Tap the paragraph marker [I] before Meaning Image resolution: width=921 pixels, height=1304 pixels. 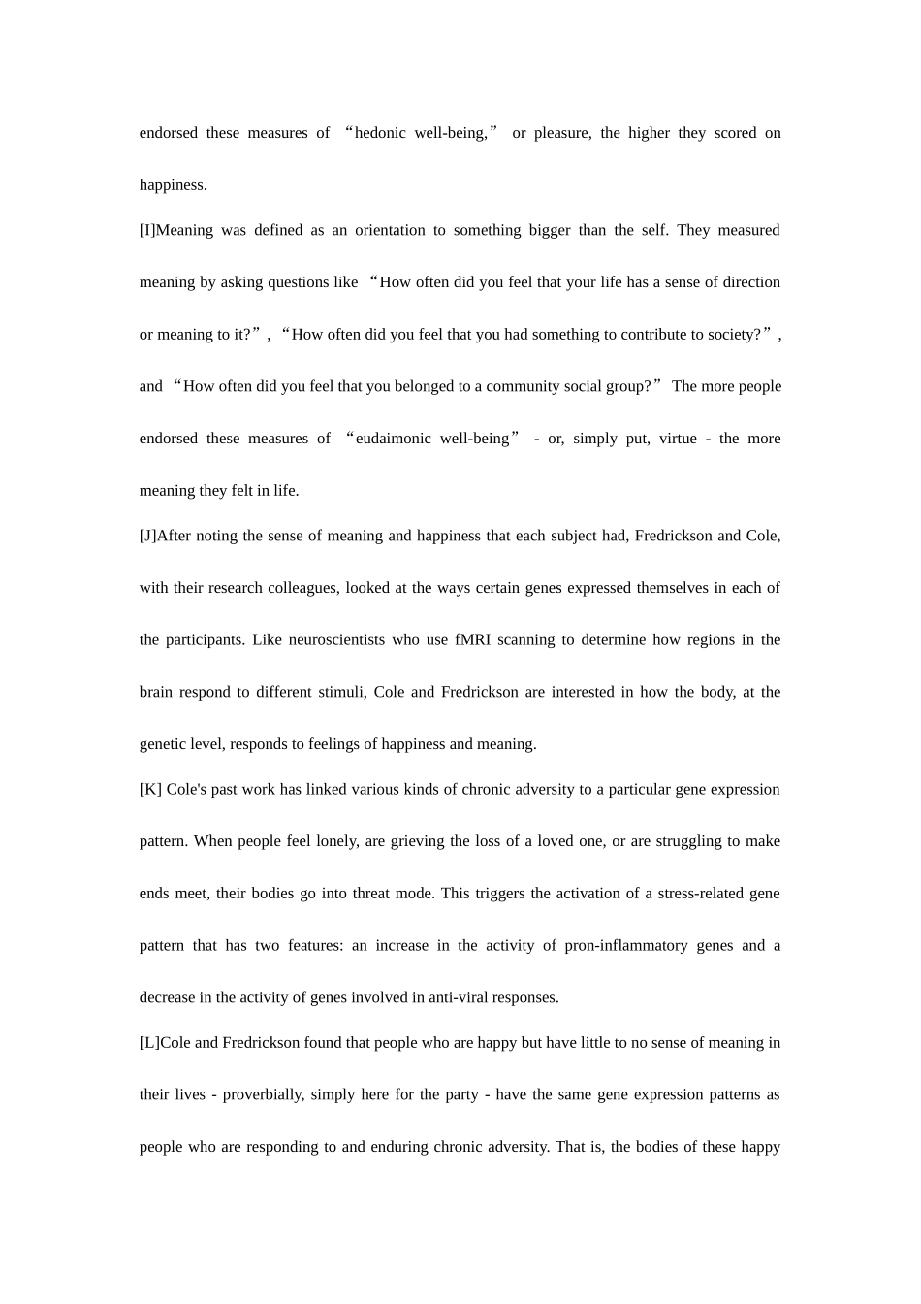147,230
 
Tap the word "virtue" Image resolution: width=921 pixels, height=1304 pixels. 678,439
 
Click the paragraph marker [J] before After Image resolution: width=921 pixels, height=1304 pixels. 147,536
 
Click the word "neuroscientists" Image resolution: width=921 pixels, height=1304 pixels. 333,640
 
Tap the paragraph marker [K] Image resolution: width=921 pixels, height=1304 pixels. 150,790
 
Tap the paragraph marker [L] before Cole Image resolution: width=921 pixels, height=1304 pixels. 149,1043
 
